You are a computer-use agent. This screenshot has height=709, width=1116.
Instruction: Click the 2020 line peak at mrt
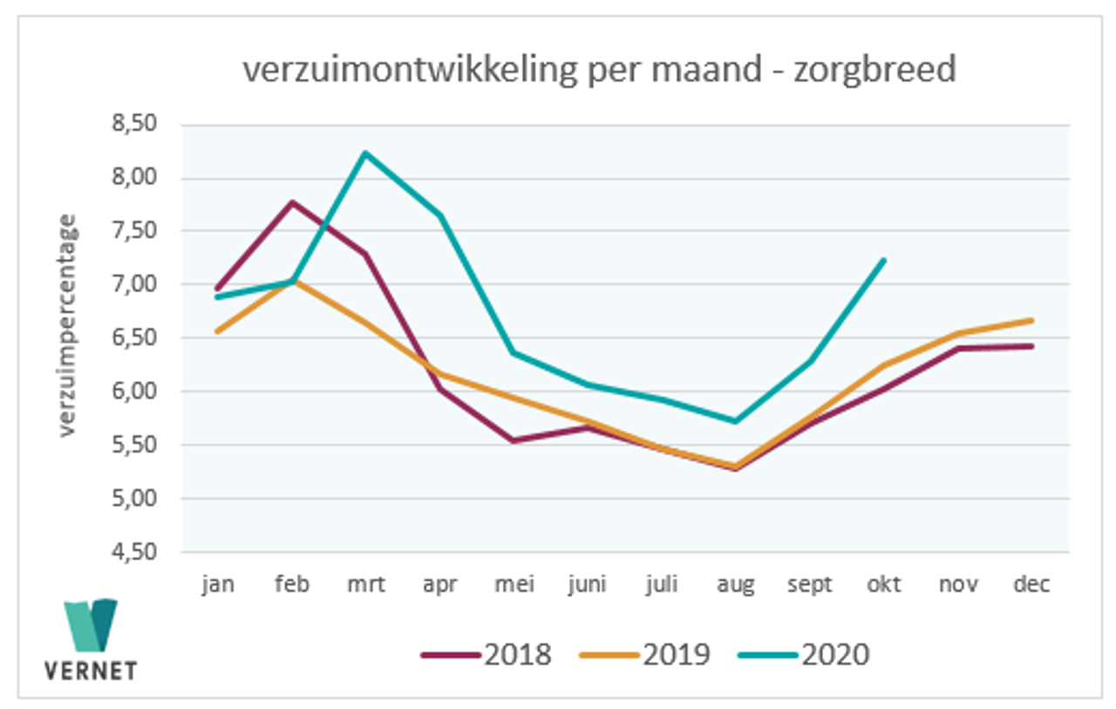[x=365, y=153]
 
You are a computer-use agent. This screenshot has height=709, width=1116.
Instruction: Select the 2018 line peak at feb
[x=291, y=202]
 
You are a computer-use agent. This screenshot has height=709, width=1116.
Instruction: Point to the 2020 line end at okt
[x=884, y=260]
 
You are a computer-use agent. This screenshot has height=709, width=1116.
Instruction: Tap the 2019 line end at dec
[x=1032, y=320]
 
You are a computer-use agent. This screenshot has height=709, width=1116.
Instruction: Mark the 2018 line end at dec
[x=1032, y=346]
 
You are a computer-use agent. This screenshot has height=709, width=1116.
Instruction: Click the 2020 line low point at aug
[x=736, y=421]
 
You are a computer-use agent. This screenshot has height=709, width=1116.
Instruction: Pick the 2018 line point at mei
[x=514, y=440]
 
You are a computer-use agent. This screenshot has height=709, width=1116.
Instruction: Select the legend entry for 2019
[x=645, y=654]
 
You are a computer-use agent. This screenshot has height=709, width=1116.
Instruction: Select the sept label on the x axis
[x=809, y=584]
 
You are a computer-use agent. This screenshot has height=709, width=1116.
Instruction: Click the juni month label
[x=587, y=584]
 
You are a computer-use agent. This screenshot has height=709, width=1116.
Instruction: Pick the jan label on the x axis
[x=217, y=584]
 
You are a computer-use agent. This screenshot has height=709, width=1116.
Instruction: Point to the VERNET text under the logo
[x=91, y=672]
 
